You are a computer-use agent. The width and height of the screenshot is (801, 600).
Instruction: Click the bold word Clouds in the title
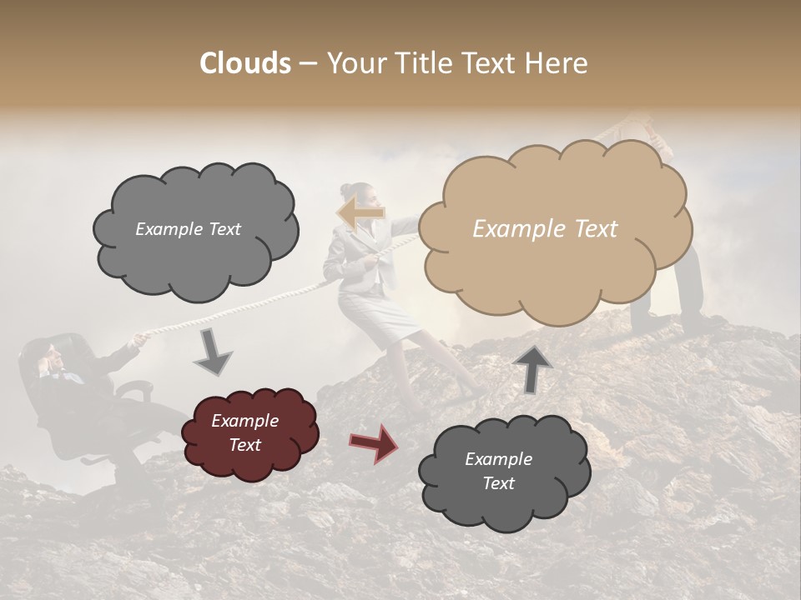[x=245, y=63]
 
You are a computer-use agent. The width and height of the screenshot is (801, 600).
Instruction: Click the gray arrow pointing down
[x=214, y=351]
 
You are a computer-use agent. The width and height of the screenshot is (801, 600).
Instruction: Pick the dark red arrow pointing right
[x=374, y=442]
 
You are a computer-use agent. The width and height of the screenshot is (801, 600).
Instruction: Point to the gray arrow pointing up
[x=533, y=367]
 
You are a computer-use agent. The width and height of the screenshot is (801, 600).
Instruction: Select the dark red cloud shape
[x=249, y=433]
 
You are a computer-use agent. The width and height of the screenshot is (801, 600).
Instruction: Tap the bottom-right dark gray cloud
[x=504, y=472]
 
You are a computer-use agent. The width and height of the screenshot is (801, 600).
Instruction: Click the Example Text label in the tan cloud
[x=545, y=229]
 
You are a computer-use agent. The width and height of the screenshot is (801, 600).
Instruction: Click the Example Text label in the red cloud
[x=244, y=433]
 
